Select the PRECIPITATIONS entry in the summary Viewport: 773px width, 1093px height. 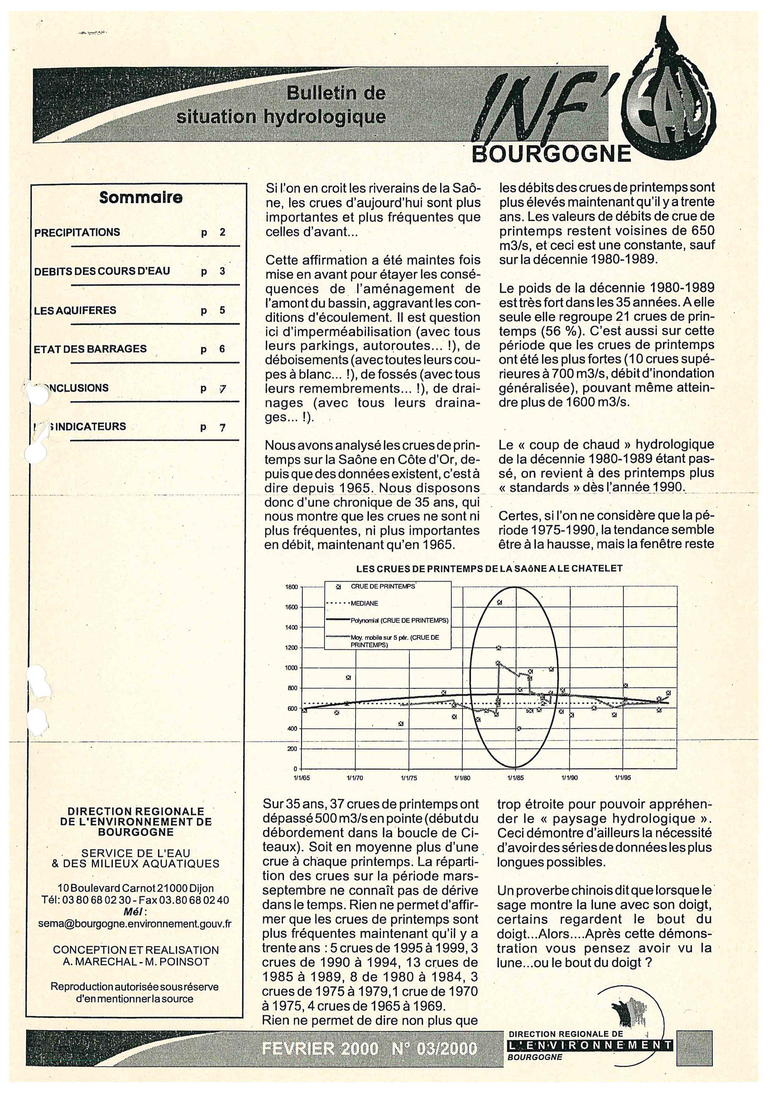click(x=77, y=233)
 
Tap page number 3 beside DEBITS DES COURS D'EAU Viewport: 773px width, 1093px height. click(x=222, y=272)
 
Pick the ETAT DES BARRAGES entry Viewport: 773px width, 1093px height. click(x=90, y=349)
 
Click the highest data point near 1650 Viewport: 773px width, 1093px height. click(x=500, y=603)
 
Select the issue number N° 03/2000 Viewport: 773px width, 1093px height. click(x=434, y=1048)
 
